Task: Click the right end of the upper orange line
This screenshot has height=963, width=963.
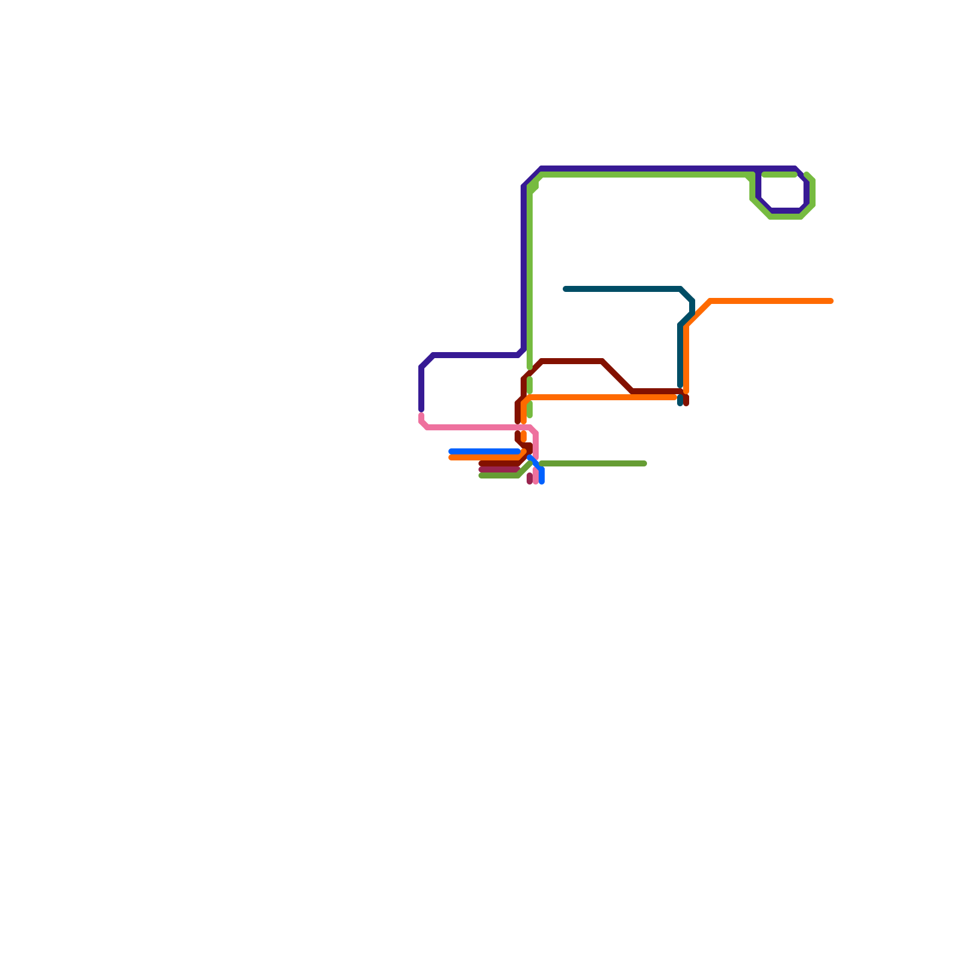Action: [x=831, y=301]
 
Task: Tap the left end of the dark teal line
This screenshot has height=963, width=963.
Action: [x=565, y=289]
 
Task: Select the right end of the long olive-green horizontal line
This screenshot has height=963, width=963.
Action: [x=645, y=463]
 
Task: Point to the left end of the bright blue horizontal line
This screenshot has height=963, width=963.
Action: [x=451, y=451]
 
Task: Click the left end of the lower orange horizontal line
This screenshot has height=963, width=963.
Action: [x=451, y=457]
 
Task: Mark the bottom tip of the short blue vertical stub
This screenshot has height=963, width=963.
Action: [x=542, y=482]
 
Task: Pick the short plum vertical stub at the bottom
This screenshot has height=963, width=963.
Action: [x=530, y=478]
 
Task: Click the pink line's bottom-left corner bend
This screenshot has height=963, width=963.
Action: [x=424, y=425]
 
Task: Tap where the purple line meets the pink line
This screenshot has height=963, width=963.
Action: [x=421, y=412]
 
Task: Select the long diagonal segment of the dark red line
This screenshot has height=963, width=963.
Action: [x=617, y=376]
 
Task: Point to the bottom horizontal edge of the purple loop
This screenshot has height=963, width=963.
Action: [x=785, y=211]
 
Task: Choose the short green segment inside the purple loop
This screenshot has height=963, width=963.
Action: [x=779, y=175]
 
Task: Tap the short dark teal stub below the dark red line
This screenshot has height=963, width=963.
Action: [x=680, y=401]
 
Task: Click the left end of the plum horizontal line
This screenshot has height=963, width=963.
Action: [x=482, y=469]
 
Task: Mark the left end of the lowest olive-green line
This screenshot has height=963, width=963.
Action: [x=482, y=475]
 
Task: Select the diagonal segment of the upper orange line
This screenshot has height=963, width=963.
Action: [x=698, y=313]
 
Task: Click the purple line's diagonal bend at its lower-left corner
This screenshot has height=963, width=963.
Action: [x=427, y=361]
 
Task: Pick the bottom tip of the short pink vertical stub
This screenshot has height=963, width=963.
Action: [x=536, y=482]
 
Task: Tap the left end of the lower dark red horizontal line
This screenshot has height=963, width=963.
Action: [x=482, y=463]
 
